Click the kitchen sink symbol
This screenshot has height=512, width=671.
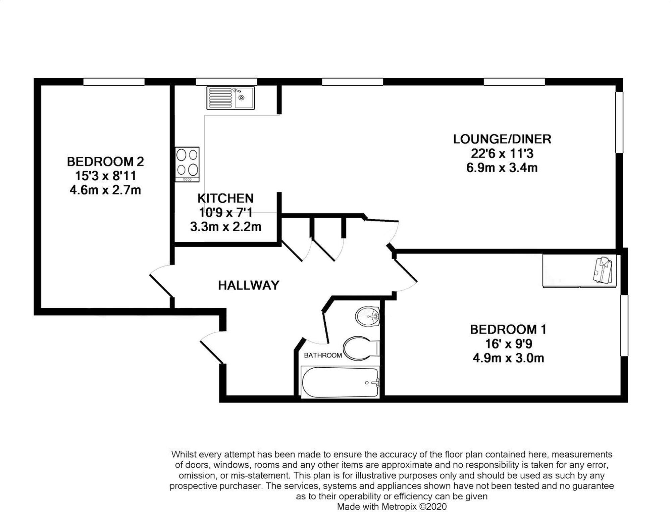[x=230, y=98]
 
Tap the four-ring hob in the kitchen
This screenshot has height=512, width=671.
[x=187, y=164]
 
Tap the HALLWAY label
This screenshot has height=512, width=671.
[x=249, y=285]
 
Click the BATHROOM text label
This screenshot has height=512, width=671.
[x=323, y=355]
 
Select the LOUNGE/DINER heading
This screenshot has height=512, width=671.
[x=502, y=139]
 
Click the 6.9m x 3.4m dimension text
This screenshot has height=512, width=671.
[x=502, y=168]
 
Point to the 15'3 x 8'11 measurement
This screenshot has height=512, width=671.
[x=105, y=176]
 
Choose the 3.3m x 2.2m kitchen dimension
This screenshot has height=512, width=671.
[x=225, y=227]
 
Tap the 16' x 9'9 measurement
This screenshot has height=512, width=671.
[x=508, y=344]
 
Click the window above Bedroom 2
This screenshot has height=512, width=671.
[x=114, y=82]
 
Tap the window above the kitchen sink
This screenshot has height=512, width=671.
[x=226, y=82]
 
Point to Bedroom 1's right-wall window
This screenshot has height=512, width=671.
[x=624, y=325]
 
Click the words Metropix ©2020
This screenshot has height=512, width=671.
[x=414, y=506]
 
